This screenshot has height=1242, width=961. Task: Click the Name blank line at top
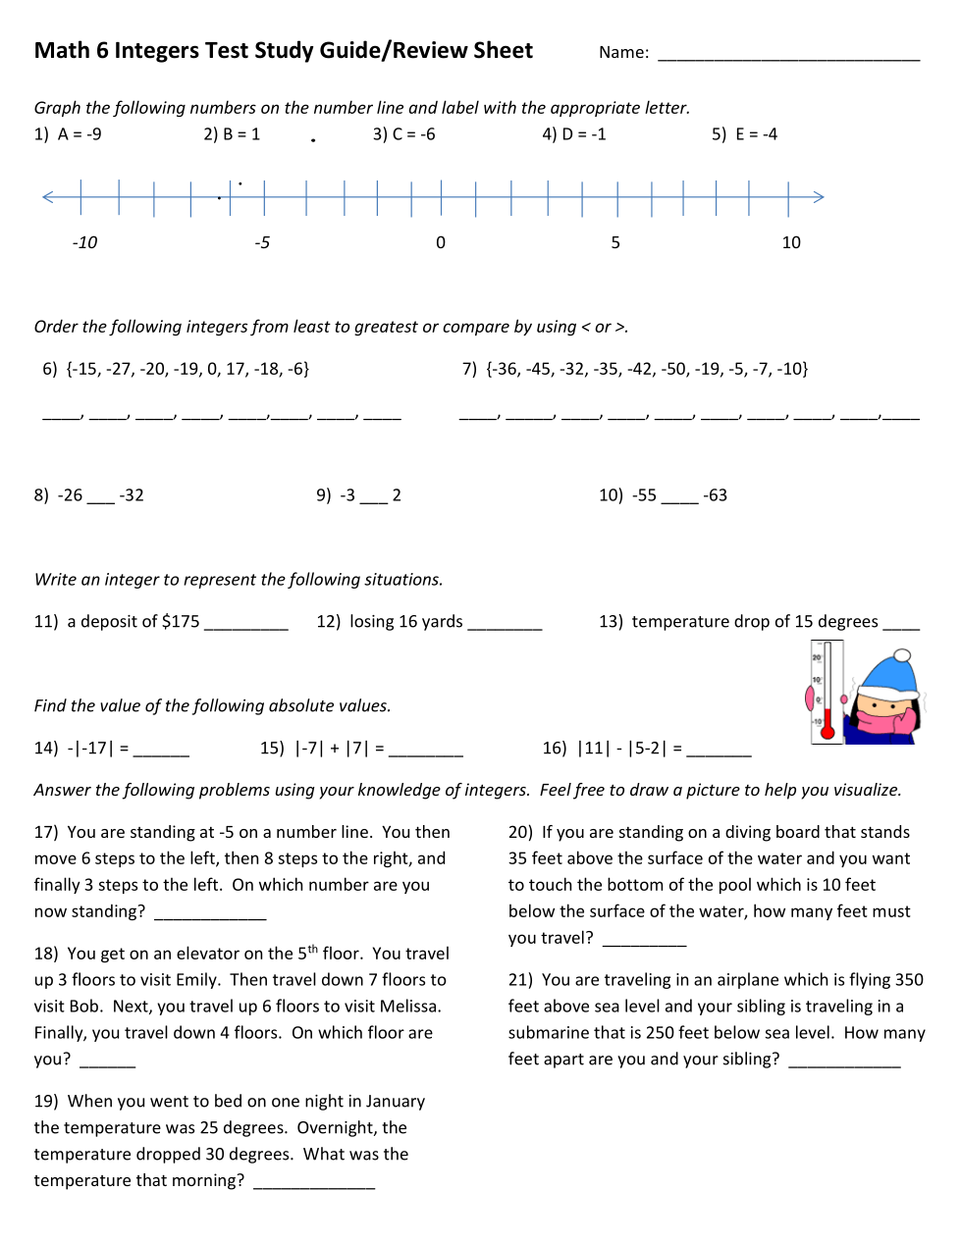[x=788, y=59]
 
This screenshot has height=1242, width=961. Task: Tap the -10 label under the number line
[x=84, y=242]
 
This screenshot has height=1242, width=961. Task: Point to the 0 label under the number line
[x=441, y=242]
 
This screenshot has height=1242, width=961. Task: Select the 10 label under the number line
[x=791, y=242]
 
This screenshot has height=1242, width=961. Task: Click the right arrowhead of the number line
[x=820, y=197]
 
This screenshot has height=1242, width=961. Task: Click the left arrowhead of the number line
[x=47, y=197]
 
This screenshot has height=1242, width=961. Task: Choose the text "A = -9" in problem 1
[x=80, y=134]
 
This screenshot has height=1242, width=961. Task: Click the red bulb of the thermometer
[x=828, y=731]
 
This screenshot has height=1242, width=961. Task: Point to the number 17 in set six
[x=237, y=369]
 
